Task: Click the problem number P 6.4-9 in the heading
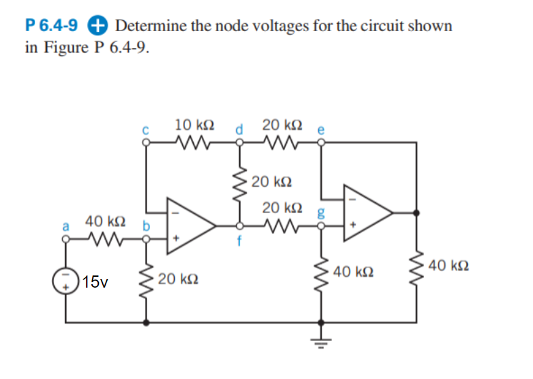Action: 51,26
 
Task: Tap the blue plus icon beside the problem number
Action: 98,26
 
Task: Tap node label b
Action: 145,225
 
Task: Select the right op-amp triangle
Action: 366,212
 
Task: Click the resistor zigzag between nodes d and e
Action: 279,143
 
